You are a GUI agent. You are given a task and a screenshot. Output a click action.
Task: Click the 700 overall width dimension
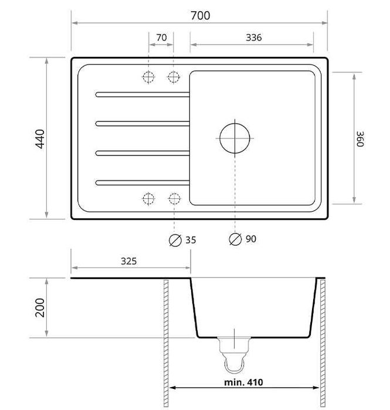coord(200,15)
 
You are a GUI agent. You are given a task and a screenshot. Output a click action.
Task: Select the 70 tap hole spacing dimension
coord(161,38)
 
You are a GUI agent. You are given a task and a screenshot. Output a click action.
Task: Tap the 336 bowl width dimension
coord(253,38)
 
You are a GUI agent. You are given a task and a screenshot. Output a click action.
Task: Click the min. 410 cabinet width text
coord(243,382)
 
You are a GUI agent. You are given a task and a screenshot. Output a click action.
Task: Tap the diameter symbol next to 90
coord(235,239)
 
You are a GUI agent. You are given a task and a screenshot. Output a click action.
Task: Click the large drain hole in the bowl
coord(235,138)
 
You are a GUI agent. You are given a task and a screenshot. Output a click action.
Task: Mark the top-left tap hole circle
coord(148,77)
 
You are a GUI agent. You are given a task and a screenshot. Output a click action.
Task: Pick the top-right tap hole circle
coord(174,77)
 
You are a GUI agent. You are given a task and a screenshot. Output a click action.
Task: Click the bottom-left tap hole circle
coord(148,198)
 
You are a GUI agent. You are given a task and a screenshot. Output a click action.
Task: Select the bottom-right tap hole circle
coord(174,198)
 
